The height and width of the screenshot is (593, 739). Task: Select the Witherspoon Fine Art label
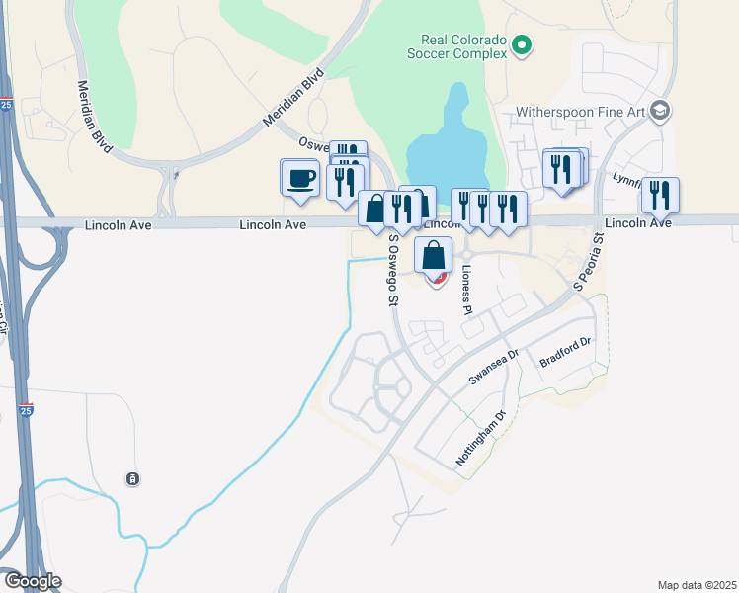point(587,112)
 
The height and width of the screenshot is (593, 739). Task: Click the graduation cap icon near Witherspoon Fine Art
point(661,110)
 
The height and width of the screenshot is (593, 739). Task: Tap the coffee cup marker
point(299,178)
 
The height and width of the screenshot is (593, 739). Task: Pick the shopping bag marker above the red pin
point(433,256)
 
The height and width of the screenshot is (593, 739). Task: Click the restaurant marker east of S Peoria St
point(660,196)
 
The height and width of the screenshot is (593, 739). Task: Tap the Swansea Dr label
point(493,368)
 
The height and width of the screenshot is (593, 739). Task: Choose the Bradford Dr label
point(564,354)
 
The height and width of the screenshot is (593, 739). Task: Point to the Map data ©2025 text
point(697,585)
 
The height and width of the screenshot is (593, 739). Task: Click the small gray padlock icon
point(132,479)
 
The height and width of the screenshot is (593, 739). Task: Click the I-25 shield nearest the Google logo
point(26,410)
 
